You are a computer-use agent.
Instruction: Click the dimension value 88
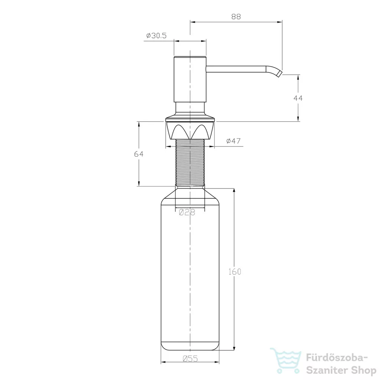(x=236, y=16)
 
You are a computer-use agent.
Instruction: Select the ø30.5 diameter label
(x=156, y=36)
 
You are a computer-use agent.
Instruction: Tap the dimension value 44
(x=298, y=98)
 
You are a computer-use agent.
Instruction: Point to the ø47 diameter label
(x=233, y=141)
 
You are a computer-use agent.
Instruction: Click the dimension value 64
(x=139, y=154)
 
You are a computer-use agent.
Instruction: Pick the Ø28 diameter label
(x=187, y=212)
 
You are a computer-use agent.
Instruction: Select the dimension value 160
(x=235, y=272)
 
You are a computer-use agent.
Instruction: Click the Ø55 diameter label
(x=190, y=358)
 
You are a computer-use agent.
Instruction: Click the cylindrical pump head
(x=190, y=79)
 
